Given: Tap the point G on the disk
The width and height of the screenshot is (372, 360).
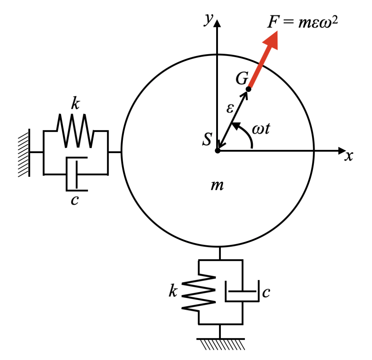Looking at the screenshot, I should click(248, 89).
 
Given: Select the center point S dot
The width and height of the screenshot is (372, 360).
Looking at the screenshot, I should click(217, 150).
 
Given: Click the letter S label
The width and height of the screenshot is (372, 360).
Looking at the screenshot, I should click(207, 139).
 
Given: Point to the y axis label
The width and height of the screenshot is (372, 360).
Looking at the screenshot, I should click(208, 20).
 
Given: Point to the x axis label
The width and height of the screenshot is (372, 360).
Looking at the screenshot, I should click(349, 156).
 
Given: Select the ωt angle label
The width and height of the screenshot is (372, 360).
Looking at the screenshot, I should click(261, 130).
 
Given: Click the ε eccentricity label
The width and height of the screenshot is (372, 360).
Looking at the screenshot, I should click(229, 108).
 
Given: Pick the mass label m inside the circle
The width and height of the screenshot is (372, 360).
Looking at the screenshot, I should click(217, 186).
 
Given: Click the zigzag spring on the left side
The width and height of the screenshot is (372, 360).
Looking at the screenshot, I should click(75, 131).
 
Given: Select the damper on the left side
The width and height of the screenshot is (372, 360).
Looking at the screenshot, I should click(76, 174).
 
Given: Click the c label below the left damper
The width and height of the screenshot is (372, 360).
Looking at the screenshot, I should click(74, 200).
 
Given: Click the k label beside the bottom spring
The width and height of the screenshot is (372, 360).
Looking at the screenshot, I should click(173, 291).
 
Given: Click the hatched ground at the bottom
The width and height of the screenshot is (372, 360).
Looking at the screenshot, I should click(220, 343).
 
